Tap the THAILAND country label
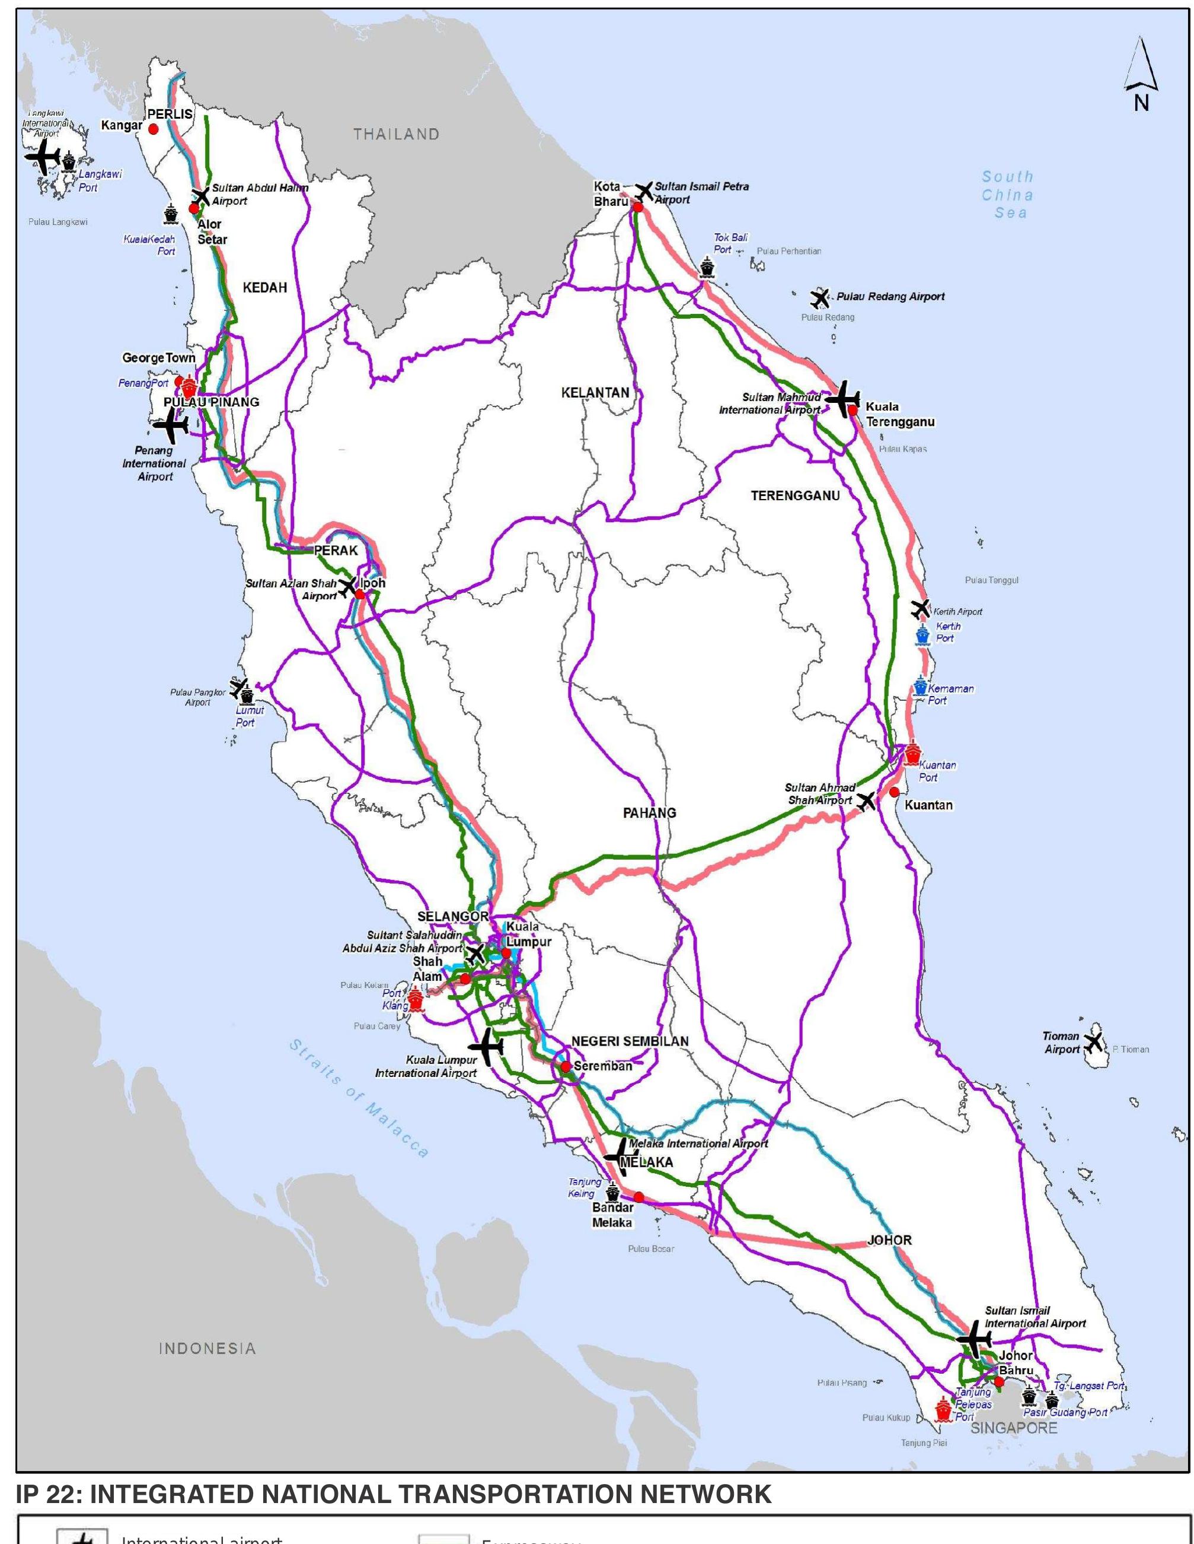[397, 134]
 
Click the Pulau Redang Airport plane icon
[819, 298]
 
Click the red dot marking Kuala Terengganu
[853, 409]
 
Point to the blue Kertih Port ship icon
[922, 634]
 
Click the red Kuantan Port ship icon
[912, 754]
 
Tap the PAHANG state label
[649, 813]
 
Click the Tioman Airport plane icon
[1093, 1042]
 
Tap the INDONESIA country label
[207, 1348]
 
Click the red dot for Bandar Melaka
[638, 1197]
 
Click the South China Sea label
[1007, 195]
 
